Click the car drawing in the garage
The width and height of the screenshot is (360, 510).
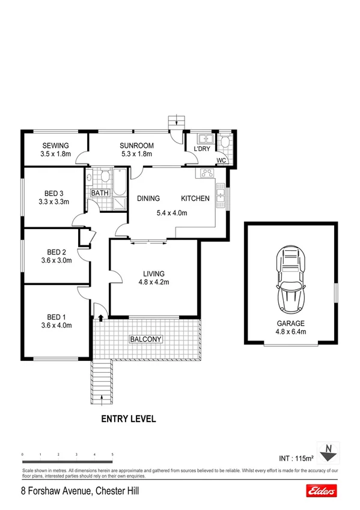point(291,281)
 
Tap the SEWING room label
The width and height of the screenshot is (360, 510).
point(56,145)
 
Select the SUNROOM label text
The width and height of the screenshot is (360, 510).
point(136,145)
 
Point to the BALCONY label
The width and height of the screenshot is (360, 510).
point(146,339)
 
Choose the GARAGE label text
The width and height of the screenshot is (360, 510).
point(290,323)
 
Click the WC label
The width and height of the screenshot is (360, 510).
point(221,160)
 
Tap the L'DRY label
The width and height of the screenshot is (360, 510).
point(201,148)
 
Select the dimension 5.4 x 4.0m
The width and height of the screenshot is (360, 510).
point(172,212)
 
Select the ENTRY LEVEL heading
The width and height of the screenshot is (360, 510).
point(129,419)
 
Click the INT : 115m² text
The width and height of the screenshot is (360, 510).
point(297,458)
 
